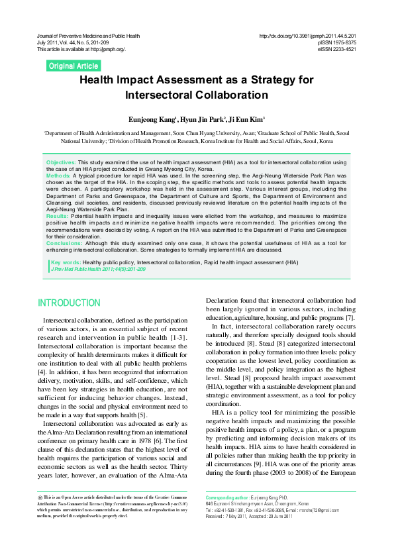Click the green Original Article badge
point(74,66)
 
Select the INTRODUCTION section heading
point(69,303)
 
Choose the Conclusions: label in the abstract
point(65,243)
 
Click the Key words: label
point(66,263)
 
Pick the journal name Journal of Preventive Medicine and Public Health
point(97,34)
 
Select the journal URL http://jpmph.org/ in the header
point(109,49)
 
